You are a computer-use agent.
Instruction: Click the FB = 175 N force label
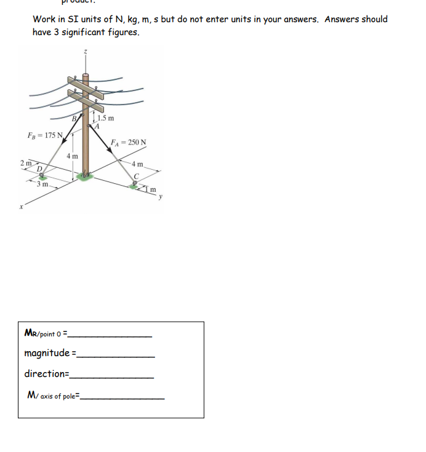44,135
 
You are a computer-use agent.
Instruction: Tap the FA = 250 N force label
129,143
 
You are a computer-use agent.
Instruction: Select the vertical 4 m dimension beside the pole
72,156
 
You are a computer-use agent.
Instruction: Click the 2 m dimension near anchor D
25,162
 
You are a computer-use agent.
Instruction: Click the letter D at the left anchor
39,169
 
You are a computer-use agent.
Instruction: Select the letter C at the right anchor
137,176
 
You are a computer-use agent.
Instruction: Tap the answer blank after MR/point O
111,335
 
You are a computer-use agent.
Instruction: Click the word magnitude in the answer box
47,353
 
